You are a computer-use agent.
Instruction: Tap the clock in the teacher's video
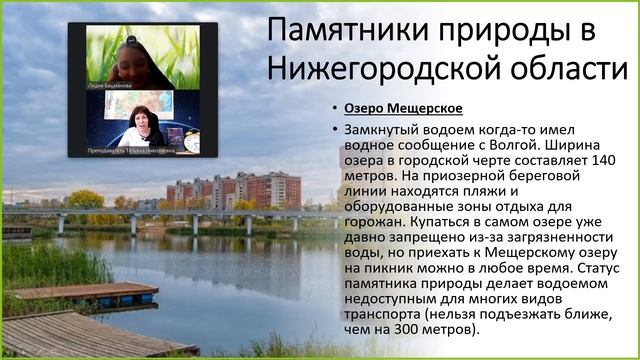pyautogui.click(x=192, y=143)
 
